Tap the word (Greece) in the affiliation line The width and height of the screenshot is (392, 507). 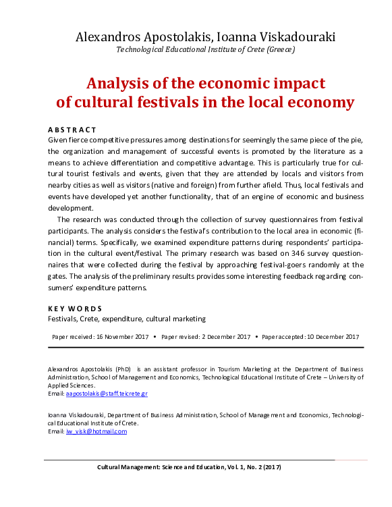pyautogui.click(x=280, y=49)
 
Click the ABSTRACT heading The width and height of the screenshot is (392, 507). pyautogui.click(x=72, y=129)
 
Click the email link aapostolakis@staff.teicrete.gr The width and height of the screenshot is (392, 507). pyautogui.click(x=107, y=392)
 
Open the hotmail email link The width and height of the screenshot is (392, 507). pyautogui.click(x=96, y=431)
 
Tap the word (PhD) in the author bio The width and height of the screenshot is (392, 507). pyautogui.click(x=123, y=369)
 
